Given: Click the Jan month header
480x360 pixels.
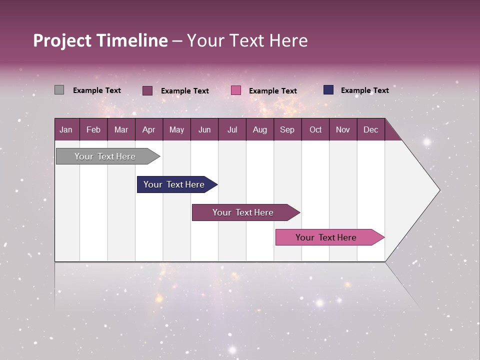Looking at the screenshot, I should pos(66,129).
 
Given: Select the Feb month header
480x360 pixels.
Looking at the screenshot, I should pos(93,129).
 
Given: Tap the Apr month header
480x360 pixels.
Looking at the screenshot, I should pos(148,129).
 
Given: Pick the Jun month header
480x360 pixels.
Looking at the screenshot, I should pos(204,129).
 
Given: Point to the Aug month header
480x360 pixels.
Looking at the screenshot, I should pos(259,129).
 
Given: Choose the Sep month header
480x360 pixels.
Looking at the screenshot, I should pos(287,129).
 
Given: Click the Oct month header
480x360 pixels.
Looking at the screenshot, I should pos(315,129).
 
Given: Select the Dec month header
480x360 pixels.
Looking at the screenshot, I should pos(370,129).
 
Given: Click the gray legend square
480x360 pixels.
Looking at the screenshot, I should pos(59,90).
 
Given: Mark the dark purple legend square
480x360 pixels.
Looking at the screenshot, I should pos(147,90).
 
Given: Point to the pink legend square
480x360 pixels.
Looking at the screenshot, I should pos(236,90).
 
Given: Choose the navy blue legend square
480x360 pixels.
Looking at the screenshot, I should pos(328,90).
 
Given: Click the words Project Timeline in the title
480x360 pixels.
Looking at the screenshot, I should pos(100,40).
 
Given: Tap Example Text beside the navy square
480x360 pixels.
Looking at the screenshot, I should pos(364,90).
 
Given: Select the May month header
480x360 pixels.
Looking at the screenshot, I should pos(176,129).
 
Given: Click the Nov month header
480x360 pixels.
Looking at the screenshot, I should pos(342,129).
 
